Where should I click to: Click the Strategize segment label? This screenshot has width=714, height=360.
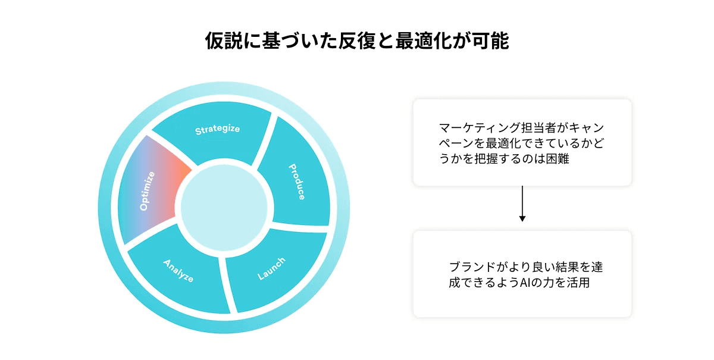[218, 129]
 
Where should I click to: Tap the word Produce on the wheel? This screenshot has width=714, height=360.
[297, 182]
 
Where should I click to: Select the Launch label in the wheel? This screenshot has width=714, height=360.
[271, 268]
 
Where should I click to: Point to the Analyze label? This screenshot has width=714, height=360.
[178, 270]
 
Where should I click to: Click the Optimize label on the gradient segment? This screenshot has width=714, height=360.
[147, 191]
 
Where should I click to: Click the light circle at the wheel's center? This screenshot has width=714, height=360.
[224, 206]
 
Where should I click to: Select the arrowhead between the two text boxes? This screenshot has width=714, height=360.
[522, 218]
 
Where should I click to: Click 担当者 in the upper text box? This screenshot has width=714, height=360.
[529, 128]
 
